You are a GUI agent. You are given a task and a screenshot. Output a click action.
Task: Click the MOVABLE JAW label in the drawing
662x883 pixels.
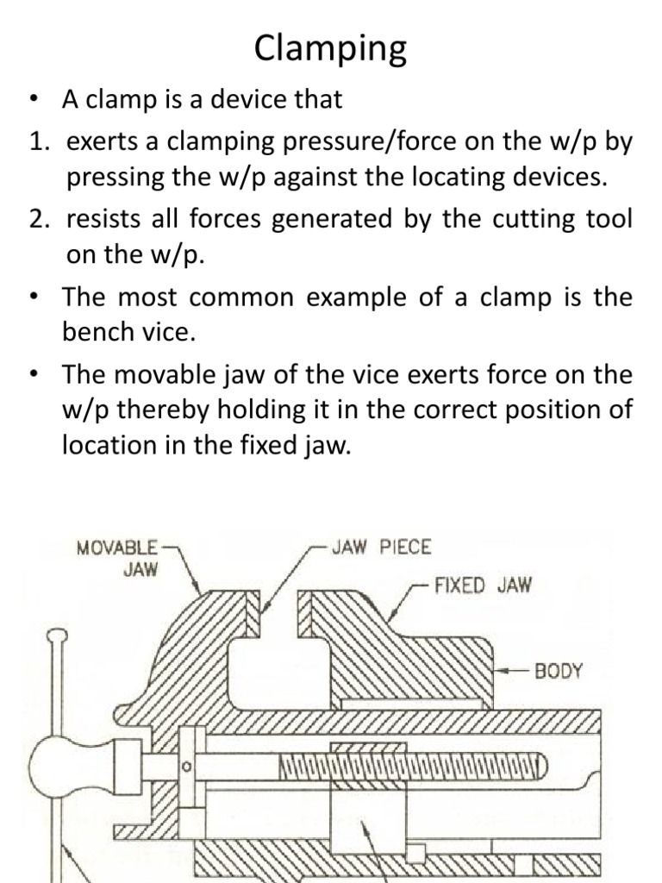[x=118, y=558]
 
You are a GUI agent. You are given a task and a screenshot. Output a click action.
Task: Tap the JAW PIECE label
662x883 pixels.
[x=381, y=547]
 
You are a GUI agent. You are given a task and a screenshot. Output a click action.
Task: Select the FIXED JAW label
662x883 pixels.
[x=484, y=586]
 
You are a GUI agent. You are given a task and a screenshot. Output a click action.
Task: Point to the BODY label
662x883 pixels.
[x=559, y=670]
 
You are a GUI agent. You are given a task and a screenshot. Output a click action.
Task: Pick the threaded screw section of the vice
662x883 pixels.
[x=412, y=764]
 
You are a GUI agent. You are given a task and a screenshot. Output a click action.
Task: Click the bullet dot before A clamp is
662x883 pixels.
[x=34, y=99]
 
